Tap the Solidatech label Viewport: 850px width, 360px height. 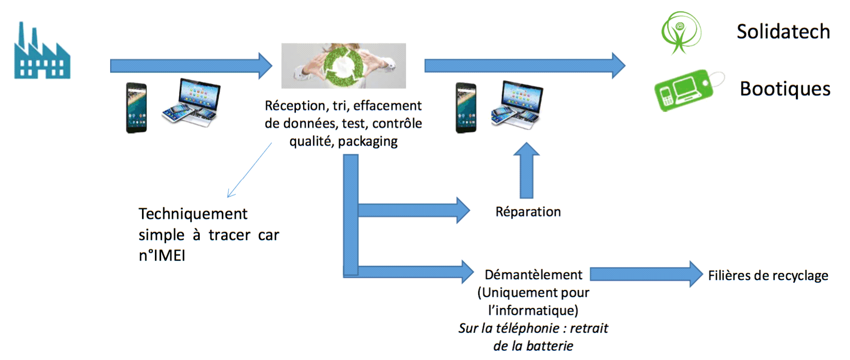tap(783, 32)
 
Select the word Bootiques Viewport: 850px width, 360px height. tap(785, 89)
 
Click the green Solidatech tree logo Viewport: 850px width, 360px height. tap(681, 32)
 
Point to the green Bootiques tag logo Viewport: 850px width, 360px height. tap(687, 91)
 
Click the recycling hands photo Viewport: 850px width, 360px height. tap(343, 66)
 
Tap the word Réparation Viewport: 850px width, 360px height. tap(528, 212)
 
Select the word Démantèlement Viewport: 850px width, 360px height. tap(534, 275)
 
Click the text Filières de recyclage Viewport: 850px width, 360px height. tap(768, 276)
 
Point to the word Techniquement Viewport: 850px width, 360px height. tap(193, 214)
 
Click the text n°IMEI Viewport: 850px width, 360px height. tap(162, 256)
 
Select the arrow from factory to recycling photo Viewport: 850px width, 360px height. tap(190, 66)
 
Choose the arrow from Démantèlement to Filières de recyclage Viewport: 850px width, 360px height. tap(646, 274)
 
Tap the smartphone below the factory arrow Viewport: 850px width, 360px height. tap(137, 108)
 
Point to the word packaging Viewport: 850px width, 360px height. tap(368, 141)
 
